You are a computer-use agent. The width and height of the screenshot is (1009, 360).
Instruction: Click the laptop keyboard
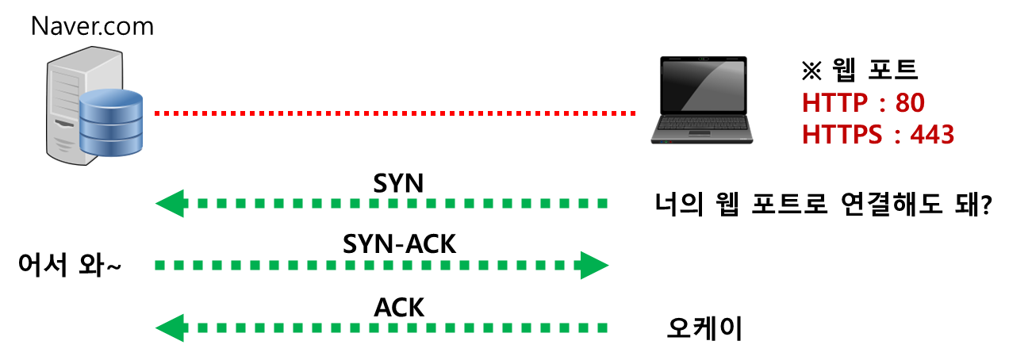pos(702,123)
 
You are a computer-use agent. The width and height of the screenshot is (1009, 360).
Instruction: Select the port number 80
pos(910,103)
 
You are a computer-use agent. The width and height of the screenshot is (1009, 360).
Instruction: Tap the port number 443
pos(932,136)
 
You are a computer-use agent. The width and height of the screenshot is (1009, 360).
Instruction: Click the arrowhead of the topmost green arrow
pos(169,204)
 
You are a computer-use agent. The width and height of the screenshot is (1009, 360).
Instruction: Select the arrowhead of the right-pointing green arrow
pos(594,265)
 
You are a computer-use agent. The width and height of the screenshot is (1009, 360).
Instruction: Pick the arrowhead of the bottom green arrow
pos(169,327)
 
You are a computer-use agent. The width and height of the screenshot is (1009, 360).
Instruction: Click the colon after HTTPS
pos(897,136)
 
